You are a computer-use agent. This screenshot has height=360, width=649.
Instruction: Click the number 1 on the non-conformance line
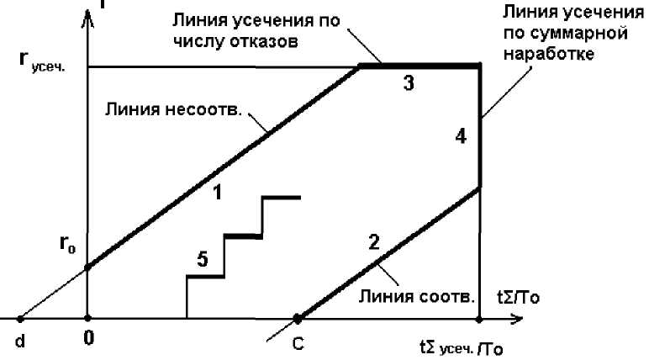tap(217, 192)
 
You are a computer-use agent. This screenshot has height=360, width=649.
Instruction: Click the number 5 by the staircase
tap(203, 260)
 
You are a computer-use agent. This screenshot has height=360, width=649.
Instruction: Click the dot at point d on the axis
tap(20, 320)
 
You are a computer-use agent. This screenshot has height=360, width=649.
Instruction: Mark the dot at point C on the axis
tap(298, 320)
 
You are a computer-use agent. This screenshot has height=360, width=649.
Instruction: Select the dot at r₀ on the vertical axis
tap(87, 268)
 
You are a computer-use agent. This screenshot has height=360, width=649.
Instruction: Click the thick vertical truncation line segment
tap(479, 126)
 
